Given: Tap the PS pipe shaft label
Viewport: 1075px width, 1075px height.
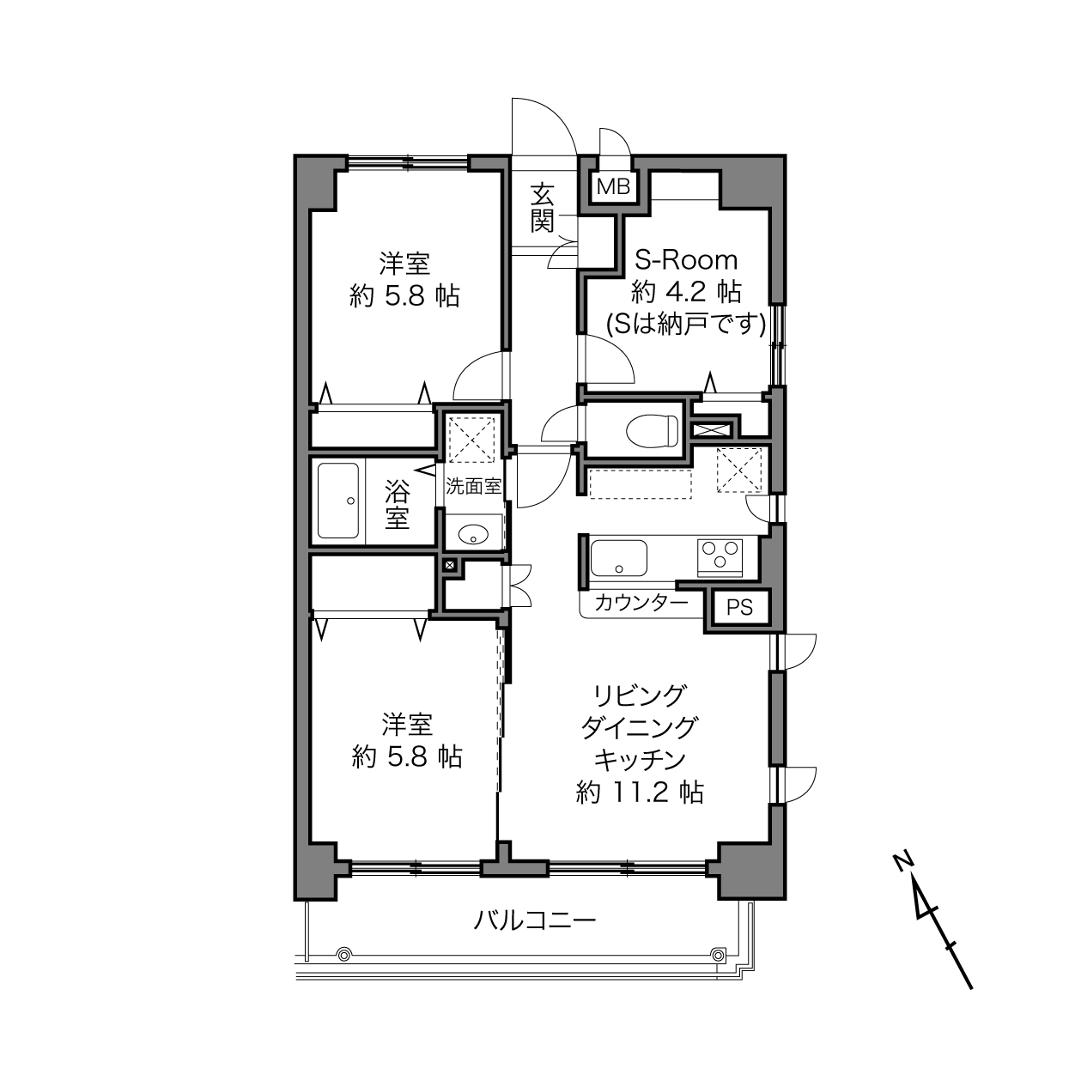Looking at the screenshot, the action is click(x=739, y=606).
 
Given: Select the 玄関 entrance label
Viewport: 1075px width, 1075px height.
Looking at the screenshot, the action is click(x=542, y=208).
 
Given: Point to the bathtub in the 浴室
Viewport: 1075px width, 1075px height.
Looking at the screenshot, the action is click(x=338, y=501).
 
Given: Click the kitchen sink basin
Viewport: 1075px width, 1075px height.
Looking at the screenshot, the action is click(x=619, y=558).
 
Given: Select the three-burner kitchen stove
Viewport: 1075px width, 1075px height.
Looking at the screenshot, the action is click(x=720, y=558).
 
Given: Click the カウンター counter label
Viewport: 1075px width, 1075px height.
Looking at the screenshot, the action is click(x=641, y=603).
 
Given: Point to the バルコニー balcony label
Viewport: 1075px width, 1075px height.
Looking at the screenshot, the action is click(x=535, y=920).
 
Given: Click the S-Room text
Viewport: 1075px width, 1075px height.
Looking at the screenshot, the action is click(x=686, y=260).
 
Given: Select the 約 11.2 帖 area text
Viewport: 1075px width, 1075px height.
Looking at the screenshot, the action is click(x=640, y=793).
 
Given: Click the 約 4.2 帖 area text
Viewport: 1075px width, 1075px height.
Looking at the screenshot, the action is click(x=686, y=292).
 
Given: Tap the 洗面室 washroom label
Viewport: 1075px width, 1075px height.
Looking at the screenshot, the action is click(x=473, y=487).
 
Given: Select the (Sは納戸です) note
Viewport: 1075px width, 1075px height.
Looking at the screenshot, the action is click(x=686, y=324).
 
